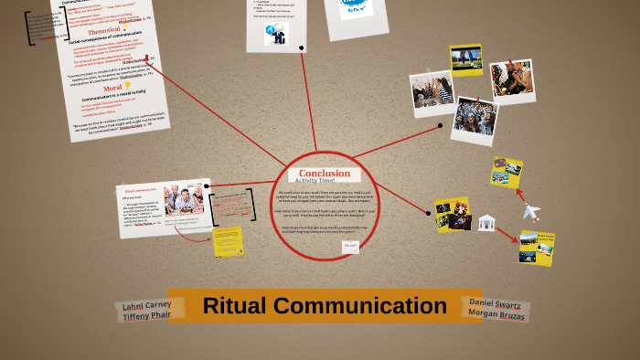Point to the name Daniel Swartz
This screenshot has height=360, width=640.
pos(496,302)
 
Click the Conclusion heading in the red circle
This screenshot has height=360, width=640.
pos(324,174)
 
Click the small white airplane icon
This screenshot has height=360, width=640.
pos(531,212)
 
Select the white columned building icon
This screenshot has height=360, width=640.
pos(486,222)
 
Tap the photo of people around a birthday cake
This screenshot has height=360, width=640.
pos(184,197)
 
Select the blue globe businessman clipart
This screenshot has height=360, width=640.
pos(274,35)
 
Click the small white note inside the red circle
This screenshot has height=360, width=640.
pos(350,246)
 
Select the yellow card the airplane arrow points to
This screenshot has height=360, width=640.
pos(536,248)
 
